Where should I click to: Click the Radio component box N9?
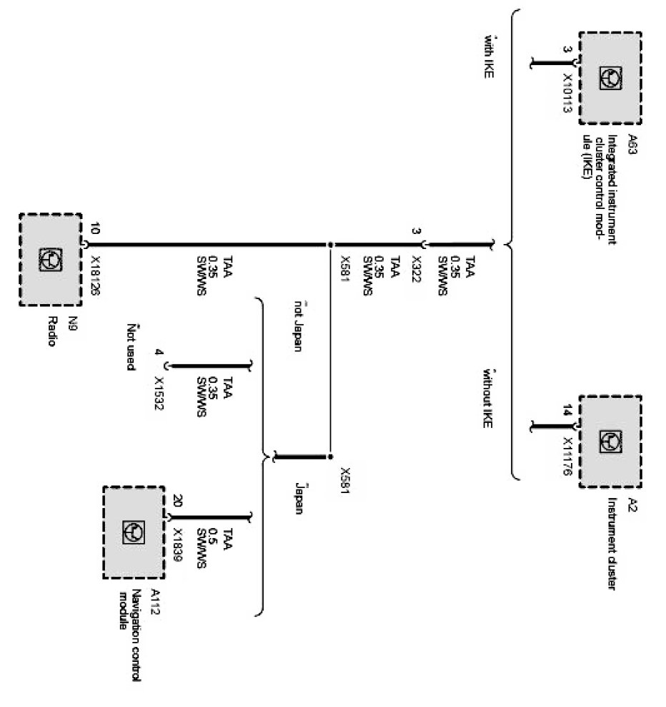pyautogui.click(x=50, y=258)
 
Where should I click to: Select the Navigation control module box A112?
pyautogui.click(x=134, y=531)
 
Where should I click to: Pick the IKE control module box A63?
pyautogui.click(x=610, y=76)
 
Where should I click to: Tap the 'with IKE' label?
pyautogui.click(x=489, y=54)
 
